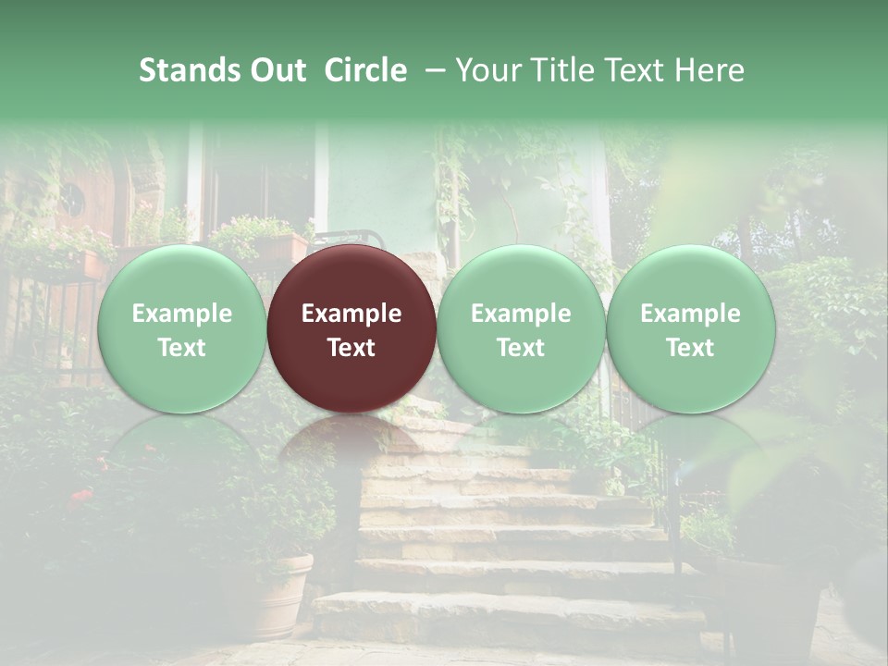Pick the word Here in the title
point(708,70)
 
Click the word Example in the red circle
point(351,314)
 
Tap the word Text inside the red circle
point(351,348)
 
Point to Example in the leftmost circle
point(181,314)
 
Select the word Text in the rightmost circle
point(690,348)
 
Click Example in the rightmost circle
point(690,314)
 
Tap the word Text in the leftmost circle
point(181,348)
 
